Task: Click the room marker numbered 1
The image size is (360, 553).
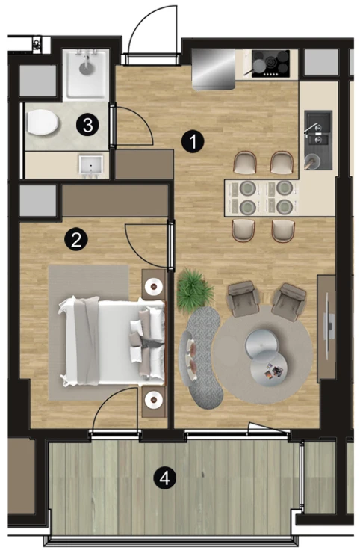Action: coord(193,141)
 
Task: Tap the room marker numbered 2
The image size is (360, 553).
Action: coord(75,239)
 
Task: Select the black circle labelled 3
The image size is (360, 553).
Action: coord(87,125)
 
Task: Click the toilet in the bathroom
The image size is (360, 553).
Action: coord(42,122)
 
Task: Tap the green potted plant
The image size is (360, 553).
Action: coord(194,289)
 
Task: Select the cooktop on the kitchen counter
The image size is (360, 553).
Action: coord(270,64)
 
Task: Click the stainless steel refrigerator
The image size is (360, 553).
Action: coord(214,69)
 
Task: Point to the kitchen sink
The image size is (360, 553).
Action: coord(318,139)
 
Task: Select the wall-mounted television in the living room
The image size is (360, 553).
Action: coord(328,327)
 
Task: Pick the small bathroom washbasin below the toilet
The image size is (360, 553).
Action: coord(91,165)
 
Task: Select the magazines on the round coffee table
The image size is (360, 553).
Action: coord(273,371)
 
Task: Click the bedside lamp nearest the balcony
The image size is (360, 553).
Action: coord(154,398)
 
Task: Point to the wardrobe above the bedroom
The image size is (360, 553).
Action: coord(115,200)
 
